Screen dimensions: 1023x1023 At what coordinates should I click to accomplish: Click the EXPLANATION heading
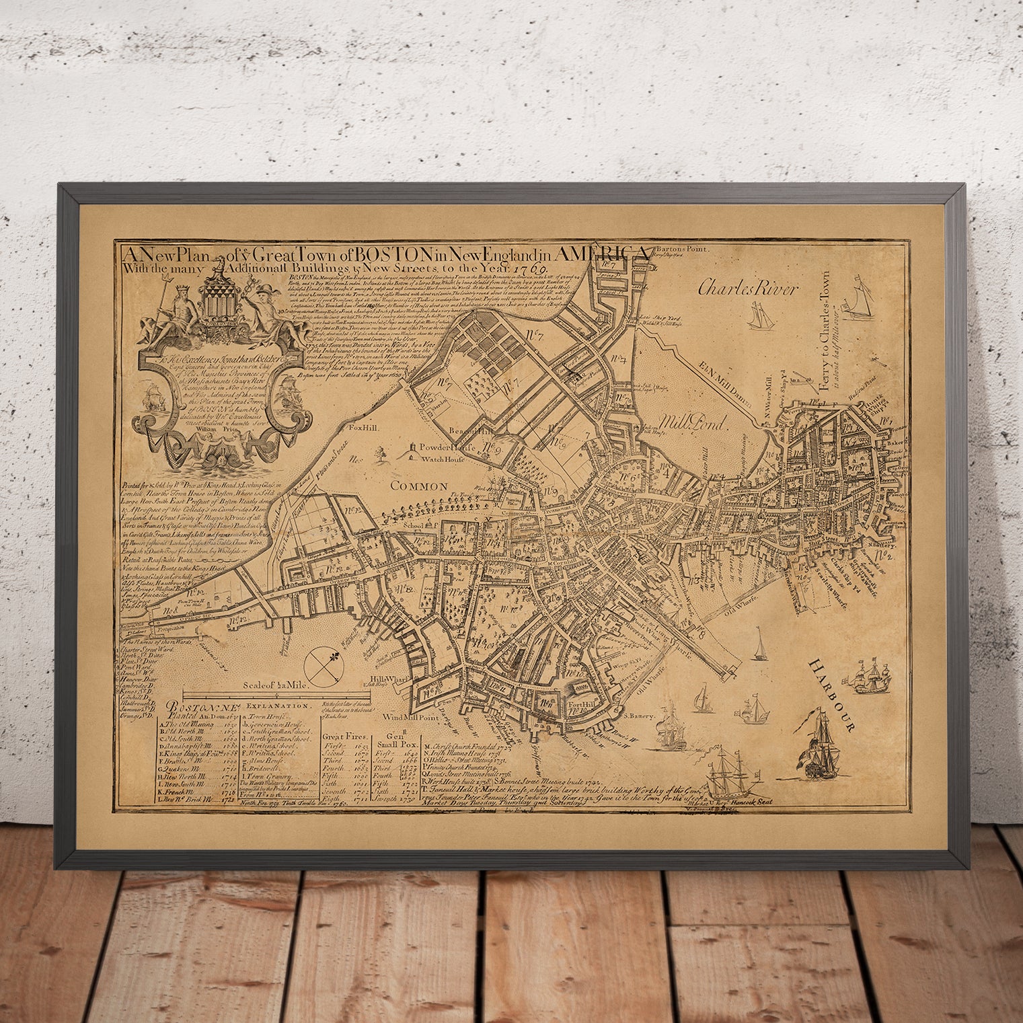click(278, 706)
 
